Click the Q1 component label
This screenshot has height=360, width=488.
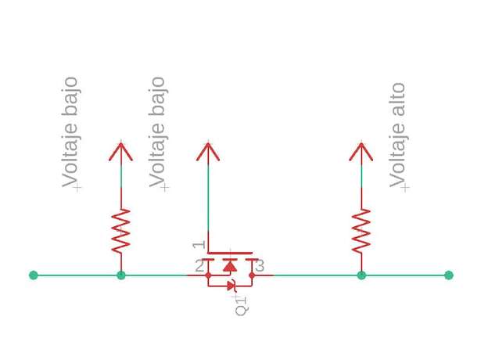coord(242,306)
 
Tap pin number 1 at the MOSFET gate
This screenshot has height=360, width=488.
coord(199,245)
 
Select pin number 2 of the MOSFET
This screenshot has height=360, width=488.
coord(199,266)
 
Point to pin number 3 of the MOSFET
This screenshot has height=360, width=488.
coord(260,266)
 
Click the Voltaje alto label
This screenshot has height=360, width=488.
coord(397,135)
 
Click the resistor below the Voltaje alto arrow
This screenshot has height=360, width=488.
coord(361,231)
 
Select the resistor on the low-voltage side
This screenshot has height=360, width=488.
coord(121,231)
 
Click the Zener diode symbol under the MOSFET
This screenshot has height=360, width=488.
coord(231,286)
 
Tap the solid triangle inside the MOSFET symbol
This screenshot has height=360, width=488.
coord(230,266)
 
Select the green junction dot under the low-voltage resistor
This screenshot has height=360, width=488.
coord(121,275)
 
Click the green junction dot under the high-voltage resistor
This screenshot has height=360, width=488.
coord(361,275)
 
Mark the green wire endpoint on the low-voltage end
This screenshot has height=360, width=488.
coord(34,275)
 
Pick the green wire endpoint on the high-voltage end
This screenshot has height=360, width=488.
coord(449,275)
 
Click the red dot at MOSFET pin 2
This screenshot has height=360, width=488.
coord(208,275)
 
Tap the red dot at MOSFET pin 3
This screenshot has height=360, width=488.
coord(252,275)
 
